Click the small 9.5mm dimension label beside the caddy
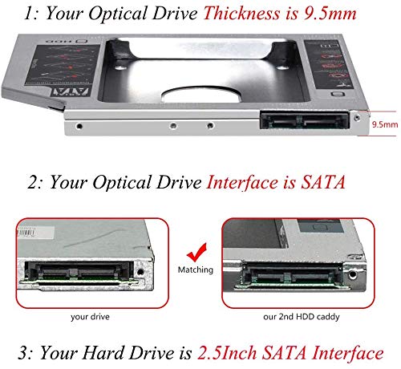[x=383, y=125]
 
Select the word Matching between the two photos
[x=196, y=270]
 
